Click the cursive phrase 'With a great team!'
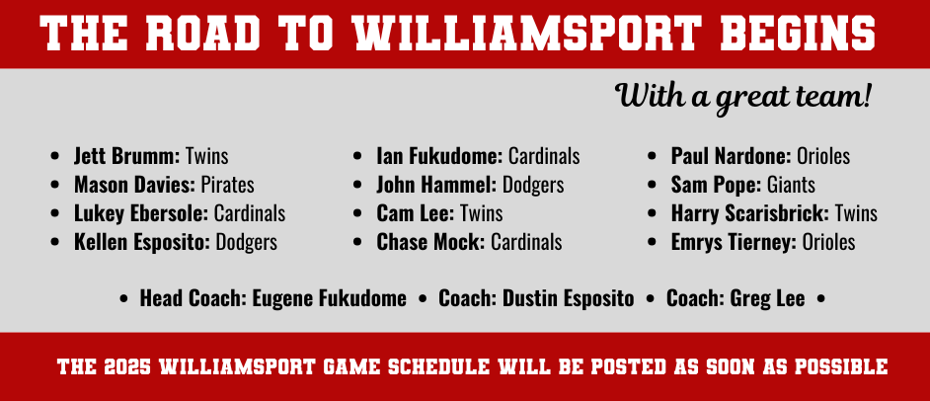pos(742,97)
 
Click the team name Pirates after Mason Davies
pos(228,185)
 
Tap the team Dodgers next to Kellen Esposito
pos(246,242)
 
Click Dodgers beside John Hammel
pos(533,185)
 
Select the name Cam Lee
pos(415,213)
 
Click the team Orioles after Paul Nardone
pos(823,157)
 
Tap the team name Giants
pos(791,185)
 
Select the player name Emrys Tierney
pos(734,242)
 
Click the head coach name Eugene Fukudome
pos(330,298)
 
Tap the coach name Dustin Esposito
pos(569,298)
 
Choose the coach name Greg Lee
pos(767,298)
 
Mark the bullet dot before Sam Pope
pos(652,185)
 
